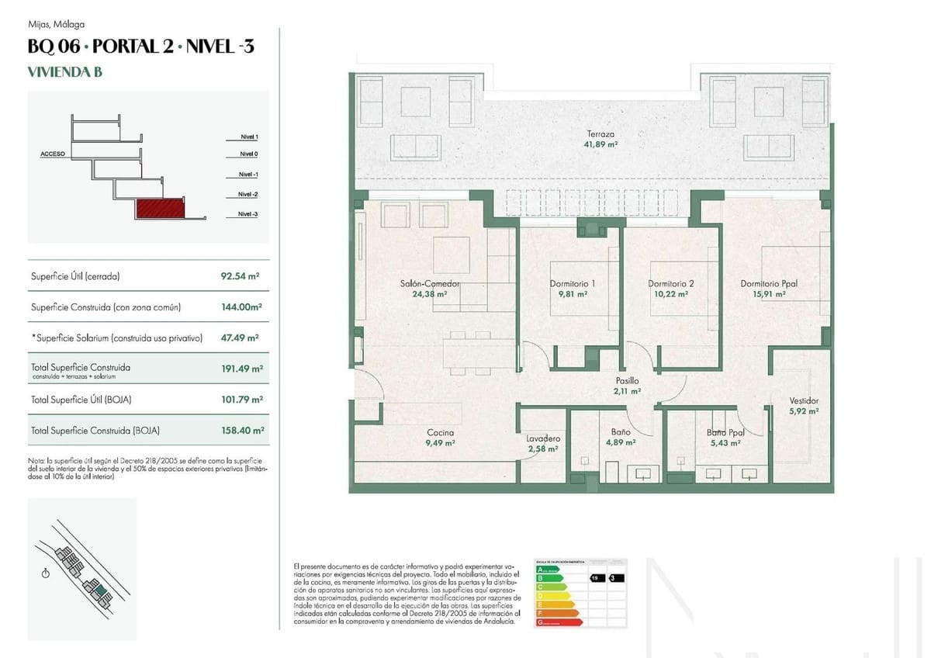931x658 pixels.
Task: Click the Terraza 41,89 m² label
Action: [600, 139]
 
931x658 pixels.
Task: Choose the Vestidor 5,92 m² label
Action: [804, 406]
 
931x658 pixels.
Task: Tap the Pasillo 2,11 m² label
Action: [627, 386]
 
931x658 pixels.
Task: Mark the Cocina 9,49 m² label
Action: [440, 438]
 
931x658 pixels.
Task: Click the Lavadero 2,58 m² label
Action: [542, 443]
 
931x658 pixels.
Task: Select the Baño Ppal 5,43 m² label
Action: [725, 438]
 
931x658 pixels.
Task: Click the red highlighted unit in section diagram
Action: [161, 207]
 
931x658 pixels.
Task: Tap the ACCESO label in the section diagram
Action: [53, 154]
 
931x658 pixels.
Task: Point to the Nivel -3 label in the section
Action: [248, 213]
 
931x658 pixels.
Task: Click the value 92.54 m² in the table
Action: [240, 275]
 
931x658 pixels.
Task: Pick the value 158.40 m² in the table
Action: [242, 430]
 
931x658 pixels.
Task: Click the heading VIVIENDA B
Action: [65, 73]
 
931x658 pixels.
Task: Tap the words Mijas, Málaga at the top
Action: [56, 24]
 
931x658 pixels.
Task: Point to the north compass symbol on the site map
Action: [46, 573]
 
